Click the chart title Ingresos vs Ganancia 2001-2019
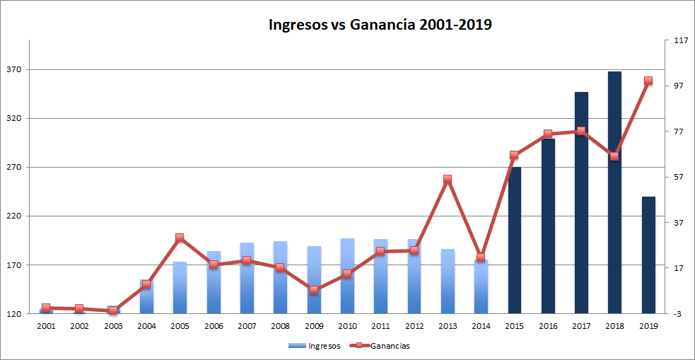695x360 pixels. (x=380, y=25)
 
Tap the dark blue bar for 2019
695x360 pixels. (x=648, y=255)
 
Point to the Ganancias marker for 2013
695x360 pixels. (x=448, y=180)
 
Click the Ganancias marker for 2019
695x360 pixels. (x=648, y=81)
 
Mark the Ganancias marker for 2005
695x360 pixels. (x=180, y=238)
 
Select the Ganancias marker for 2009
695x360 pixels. (x=314, y=290)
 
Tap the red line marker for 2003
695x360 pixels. (x=112, y=310)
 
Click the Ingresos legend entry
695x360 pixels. (x=315, y=346)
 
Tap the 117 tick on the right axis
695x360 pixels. (x=681, y=40)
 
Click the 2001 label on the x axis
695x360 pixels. (x=46, y=326)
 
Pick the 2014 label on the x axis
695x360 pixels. (x=481, y=326)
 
